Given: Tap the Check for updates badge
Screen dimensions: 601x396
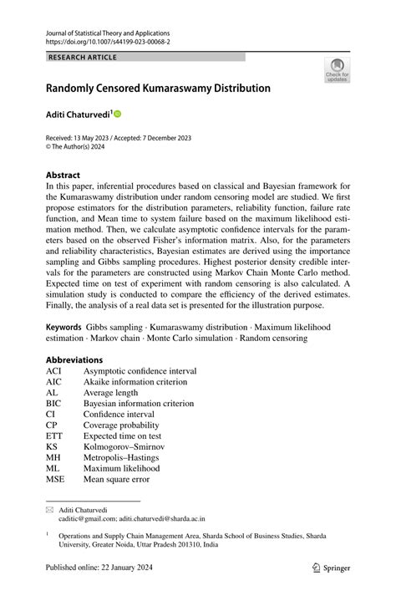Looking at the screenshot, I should [337, 70].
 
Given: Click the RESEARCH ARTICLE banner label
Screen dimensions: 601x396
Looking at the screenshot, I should [82, 57].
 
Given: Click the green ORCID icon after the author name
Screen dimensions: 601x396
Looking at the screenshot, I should [117, 113].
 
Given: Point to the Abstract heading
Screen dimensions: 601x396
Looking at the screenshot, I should [63, 176].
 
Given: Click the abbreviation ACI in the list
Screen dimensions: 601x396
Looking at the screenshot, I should [54, 370].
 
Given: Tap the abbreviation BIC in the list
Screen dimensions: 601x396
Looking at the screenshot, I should [54, 403].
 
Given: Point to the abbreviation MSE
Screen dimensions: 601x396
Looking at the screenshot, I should [55, 479].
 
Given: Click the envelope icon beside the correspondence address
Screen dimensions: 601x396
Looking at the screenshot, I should [50, 508].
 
